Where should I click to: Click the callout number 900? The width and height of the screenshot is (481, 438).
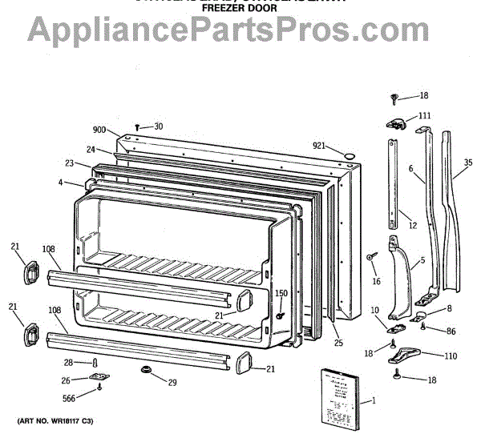click(x=99, y=130)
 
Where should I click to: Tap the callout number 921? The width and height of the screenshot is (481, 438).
click(x=319, y=145)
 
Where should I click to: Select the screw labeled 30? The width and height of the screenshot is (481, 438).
click(x=139, y=127)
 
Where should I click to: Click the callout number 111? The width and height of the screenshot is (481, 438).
click(x=424, y=116)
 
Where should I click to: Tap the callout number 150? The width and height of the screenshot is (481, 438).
click(x=281, y=293)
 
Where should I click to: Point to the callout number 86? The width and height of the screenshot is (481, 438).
click(x=451, y=330)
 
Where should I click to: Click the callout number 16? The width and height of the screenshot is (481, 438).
click(x=376, y=282)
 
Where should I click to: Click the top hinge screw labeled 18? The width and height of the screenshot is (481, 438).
click(x=395, y=98)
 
